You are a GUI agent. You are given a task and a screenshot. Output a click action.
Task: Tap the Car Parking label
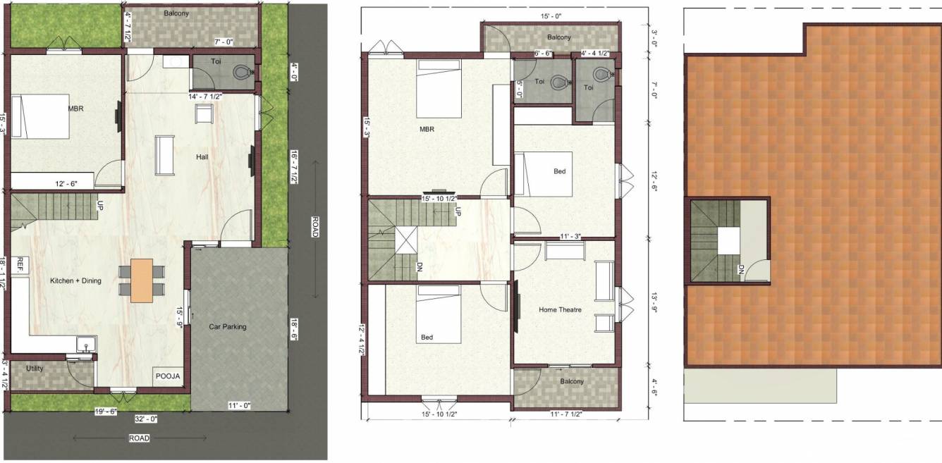228,326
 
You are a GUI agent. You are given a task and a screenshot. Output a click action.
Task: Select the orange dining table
141,280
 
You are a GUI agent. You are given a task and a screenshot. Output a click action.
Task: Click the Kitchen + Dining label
75,281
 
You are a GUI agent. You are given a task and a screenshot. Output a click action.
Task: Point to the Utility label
35,369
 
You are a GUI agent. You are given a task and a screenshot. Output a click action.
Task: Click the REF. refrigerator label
20,264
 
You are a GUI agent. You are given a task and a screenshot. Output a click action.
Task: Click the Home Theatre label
560,310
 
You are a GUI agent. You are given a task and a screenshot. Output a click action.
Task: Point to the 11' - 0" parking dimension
239,405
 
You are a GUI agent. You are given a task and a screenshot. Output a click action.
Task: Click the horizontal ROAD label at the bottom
138,438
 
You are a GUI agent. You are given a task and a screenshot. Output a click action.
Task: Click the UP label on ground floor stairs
99,205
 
